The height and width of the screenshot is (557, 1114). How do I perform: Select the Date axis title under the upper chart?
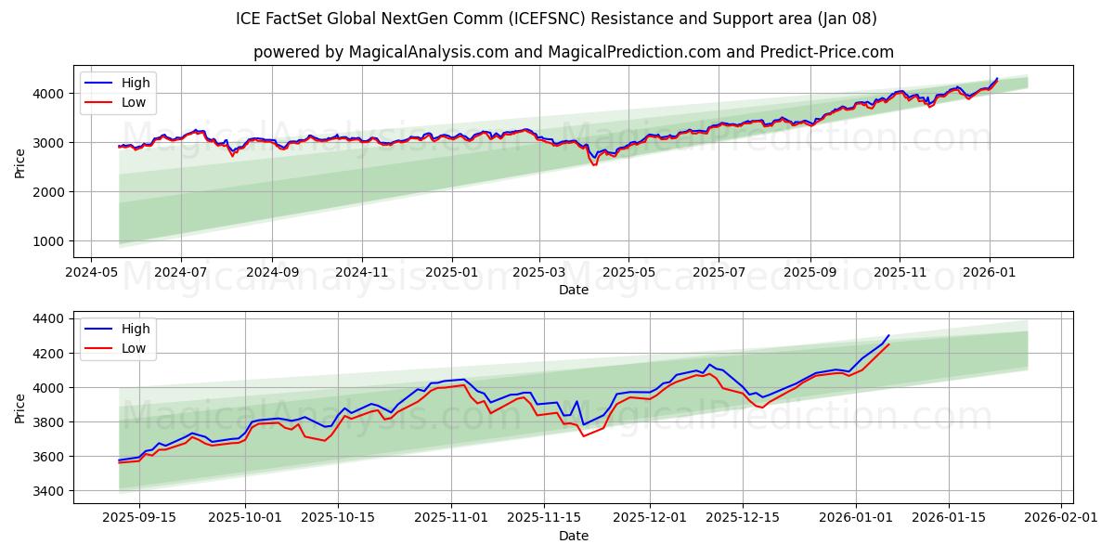click(573, 290)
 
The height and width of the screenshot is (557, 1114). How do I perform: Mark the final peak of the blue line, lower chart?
click(888, 335)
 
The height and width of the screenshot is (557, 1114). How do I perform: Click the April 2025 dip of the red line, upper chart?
click(594, 165)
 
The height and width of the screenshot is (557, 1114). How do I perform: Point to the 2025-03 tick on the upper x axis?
click(539, 273)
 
